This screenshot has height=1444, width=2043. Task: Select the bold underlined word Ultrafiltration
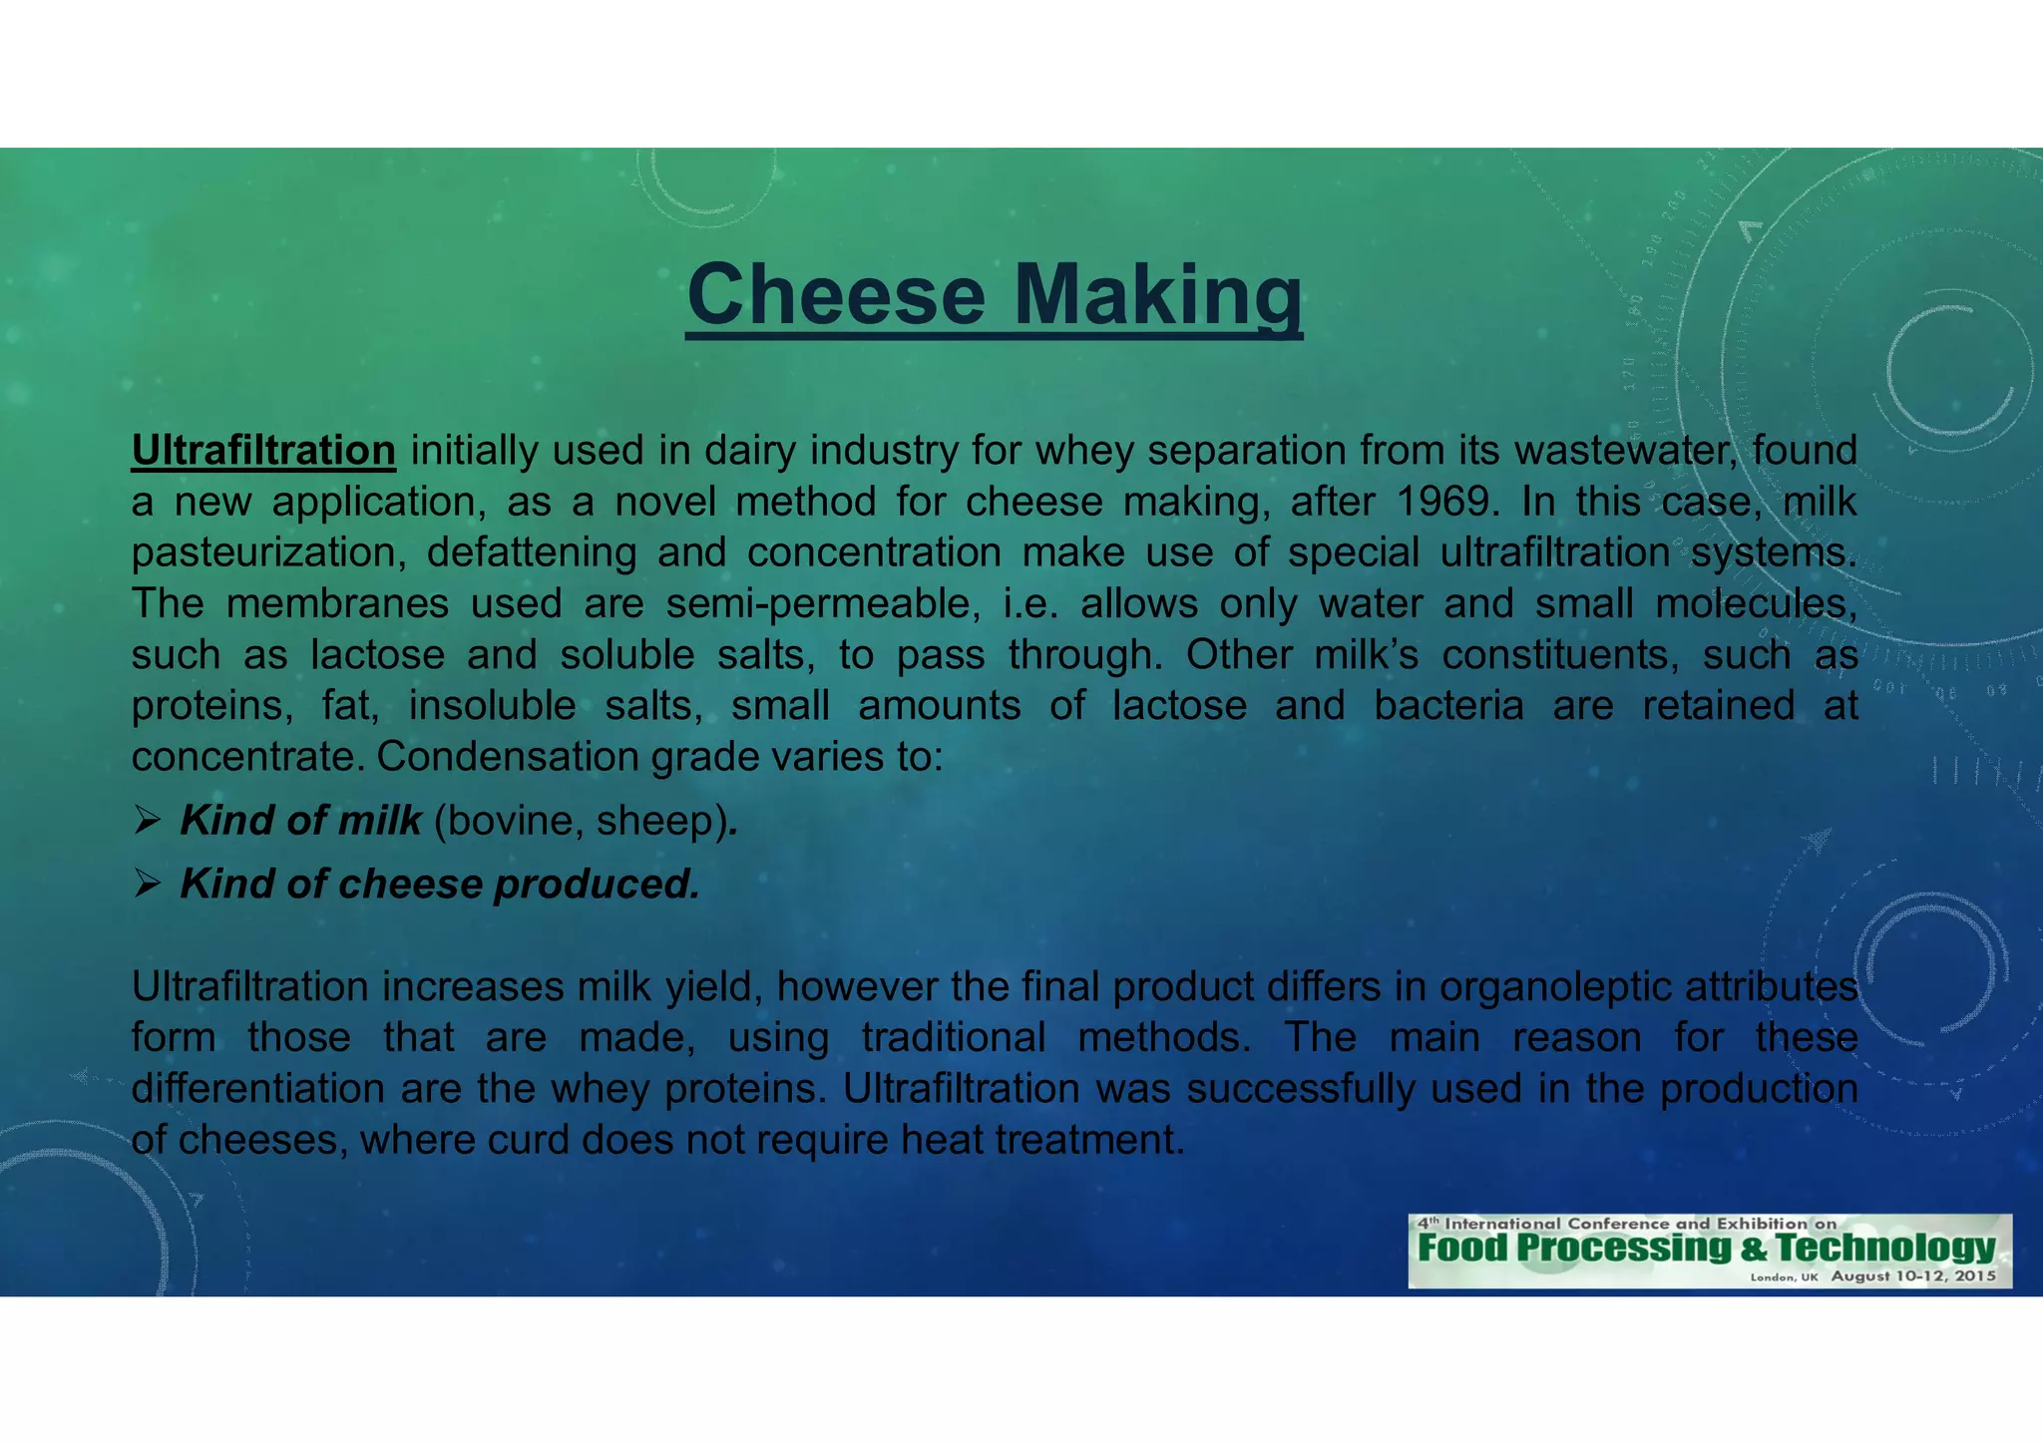coord(263,451)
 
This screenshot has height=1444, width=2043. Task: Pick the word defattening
coord(531,553)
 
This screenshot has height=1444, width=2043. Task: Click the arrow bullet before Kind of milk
coord(148,822)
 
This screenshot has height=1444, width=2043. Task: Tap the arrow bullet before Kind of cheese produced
coord(148,885)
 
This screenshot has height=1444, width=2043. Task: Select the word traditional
coord(954,1038)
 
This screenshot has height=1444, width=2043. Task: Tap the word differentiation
coord(258,1089)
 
